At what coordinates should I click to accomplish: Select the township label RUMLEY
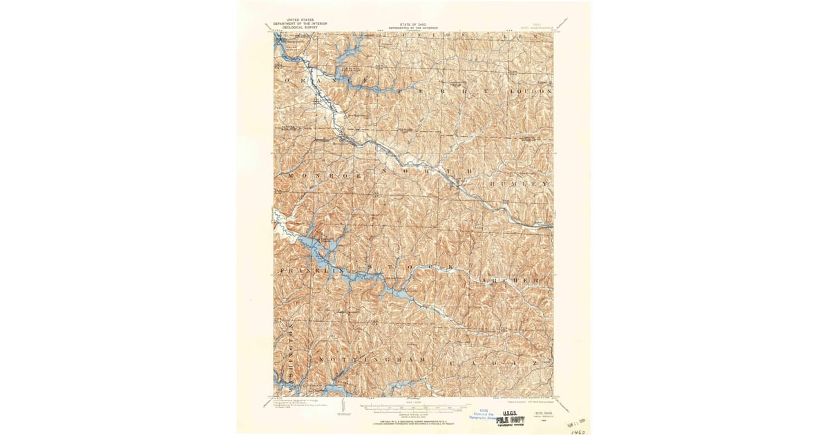coord(520,184)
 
